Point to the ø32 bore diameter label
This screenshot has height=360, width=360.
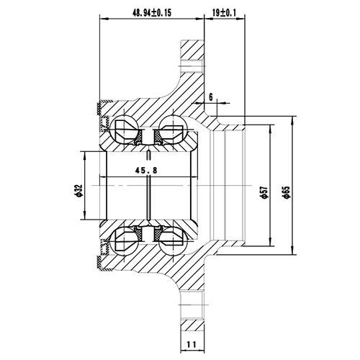(x=76, y=190)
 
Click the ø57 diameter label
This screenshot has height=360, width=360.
(x=264, y=190)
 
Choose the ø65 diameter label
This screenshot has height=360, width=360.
(x=286, y=190)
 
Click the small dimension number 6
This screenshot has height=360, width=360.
(x=210, y=96)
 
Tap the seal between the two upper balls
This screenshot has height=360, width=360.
(x=149, y=137)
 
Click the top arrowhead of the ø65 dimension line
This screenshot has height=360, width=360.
(x=294, y=115)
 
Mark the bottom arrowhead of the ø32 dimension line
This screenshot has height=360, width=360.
(x=86, y=217)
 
